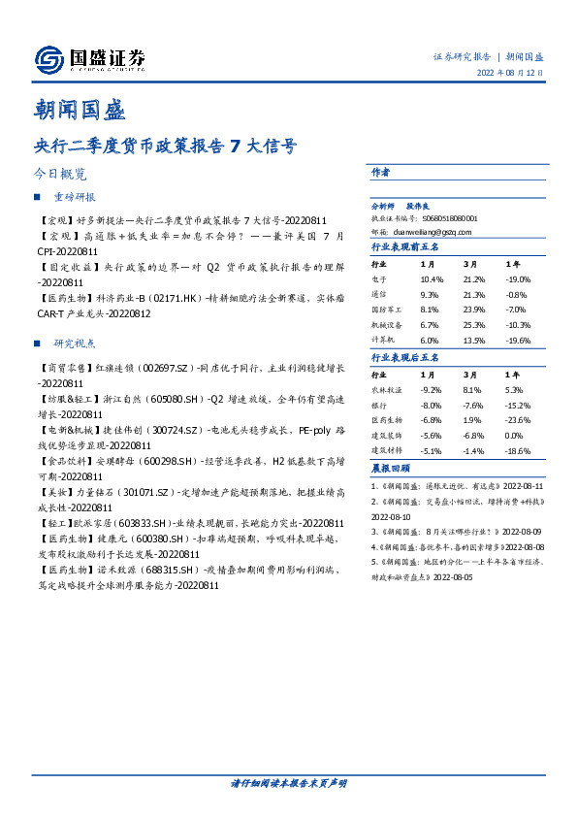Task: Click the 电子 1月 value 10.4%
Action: tap(431, 278)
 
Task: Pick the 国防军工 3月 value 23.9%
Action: tap(474, 310)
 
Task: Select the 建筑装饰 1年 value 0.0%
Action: tap(515, 435)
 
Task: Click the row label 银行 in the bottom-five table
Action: tap(380, 404)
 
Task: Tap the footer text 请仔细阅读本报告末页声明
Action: tap(289, 782)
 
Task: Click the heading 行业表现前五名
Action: tap(404, 247)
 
